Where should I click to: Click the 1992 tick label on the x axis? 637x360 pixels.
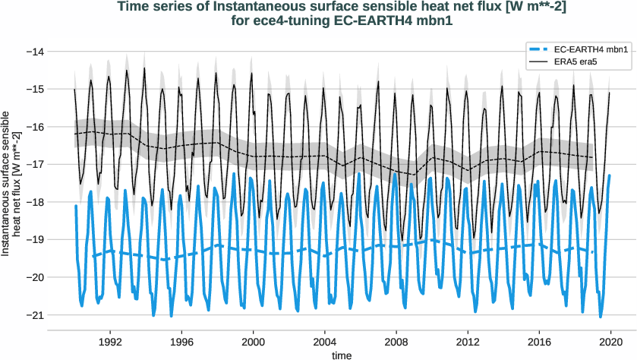(110, 343)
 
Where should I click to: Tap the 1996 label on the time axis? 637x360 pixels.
(181, 343)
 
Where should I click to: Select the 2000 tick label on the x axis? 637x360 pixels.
(253, 343)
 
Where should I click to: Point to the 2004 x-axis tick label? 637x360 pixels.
(325, 343)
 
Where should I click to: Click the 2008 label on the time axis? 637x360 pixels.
(396, 343)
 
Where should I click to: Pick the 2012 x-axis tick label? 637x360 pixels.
(468, 343)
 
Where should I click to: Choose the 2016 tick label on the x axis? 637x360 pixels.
(540, 343)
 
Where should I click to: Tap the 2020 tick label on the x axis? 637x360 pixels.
(611, 343)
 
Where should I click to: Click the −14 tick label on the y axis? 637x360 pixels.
(34, 52)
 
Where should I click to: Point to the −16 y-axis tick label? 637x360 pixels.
(34, 127)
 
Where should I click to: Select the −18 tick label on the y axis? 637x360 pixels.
(34, 202)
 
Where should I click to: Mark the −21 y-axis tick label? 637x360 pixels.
(34, 314)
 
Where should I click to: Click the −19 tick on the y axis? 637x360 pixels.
(34, 239)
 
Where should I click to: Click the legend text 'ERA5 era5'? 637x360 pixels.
(579, 62)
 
